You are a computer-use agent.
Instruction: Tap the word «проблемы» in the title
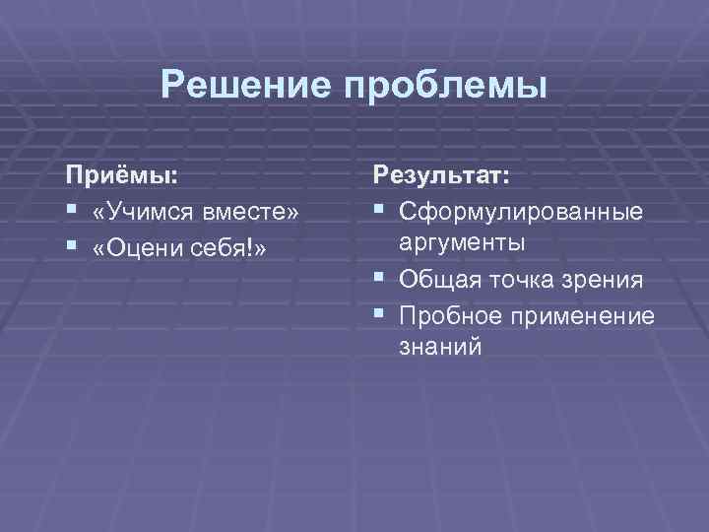(x=443, y=87)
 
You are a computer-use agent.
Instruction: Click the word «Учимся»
(x=150, y=212)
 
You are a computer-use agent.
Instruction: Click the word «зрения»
(x=605, y=282)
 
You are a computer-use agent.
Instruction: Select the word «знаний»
(x=440, y=348)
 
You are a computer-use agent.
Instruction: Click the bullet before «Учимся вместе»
(x=72, y=212)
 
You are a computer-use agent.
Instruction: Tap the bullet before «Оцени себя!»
(x=72, y=246)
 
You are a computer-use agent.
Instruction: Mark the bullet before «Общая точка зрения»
(x=380, y=281)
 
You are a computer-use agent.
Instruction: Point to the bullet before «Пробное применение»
(x=380, y=315)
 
